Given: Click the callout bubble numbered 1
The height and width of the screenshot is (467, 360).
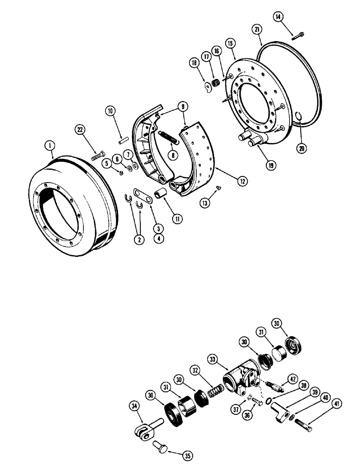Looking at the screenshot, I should (48, 146).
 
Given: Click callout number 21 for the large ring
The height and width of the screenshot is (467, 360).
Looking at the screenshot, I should (256, 30).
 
